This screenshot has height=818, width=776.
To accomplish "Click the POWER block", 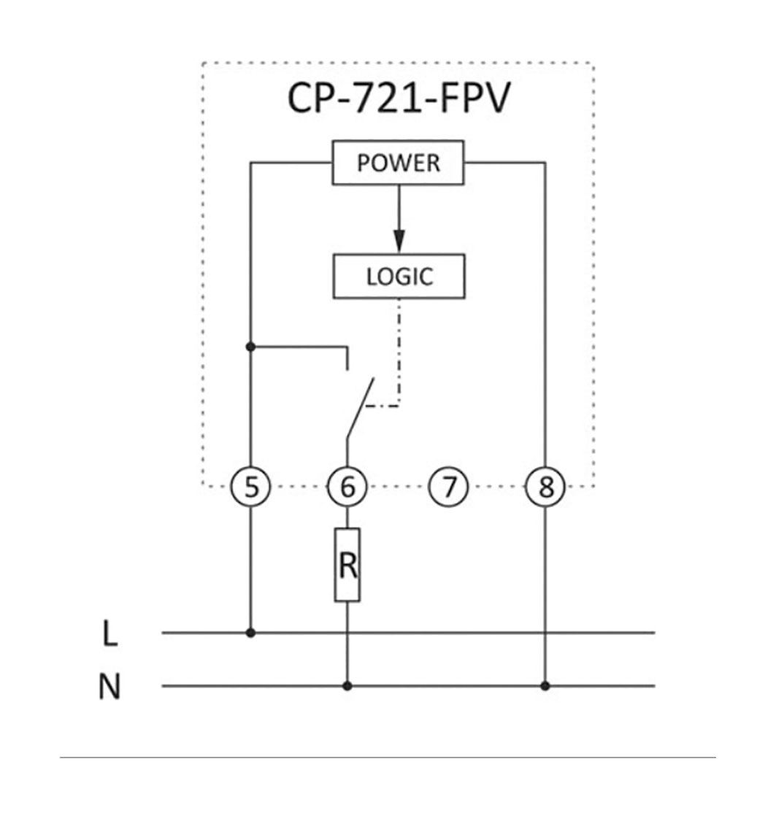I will tap(398, 163).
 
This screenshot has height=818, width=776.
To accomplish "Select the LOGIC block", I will tap(399, 277).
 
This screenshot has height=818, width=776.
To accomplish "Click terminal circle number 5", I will tap(251, 487).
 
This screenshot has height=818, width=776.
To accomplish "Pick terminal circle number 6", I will tap(347, 487).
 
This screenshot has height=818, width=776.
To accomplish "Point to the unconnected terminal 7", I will tap(447, 487).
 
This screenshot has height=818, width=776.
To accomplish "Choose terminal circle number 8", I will tap(545, 487).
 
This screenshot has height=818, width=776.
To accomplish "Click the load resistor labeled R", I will tap(347, 565).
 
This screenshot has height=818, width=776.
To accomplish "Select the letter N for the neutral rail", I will tap(110, 687).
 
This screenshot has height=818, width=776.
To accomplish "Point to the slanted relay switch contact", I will tap(360, 407).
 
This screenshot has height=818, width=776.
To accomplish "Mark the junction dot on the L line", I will tap(251, 633).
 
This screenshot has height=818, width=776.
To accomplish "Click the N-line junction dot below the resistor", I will tap(347, 686).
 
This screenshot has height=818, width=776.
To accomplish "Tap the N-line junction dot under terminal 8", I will tap(545, 686).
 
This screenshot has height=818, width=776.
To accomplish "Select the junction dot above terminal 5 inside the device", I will tap(251, 347).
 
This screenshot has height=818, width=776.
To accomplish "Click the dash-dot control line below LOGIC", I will tap(399, 350).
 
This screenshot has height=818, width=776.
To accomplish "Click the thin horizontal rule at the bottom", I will tap(387, 757).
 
